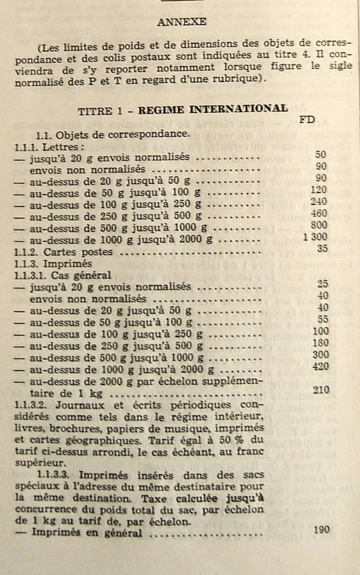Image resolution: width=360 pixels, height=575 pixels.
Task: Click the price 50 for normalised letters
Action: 321,155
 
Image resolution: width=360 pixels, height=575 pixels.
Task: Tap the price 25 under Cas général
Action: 322,284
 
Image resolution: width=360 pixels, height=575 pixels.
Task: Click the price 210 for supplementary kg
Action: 321,390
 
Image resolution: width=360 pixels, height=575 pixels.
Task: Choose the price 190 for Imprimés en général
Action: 322,529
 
